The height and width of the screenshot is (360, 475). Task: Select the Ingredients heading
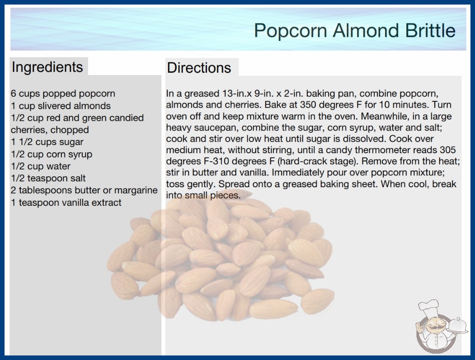coord(47,67)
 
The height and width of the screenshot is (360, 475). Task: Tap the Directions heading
coord(199,68)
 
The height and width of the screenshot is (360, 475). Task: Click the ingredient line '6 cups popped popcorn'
coord(63,94)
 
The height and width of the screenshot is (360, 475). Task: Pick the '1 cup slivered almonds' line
coord(61,106)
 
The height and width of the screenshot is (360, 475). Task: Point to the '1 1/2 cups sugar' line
coord(47,142)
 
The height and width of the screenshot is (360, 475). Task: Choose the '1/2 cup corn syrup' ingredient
coord(51,155)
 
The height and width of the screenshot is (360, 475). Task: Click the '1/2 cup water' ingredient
coord(40,166)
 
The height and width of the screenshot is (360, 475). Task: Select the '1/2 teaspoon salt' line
coord(48,178)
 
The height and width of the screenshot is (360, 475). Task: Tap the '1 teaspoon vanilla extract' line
coord(66,202)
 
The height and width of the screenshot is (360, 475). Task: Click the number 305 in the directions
coord(447,150)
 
